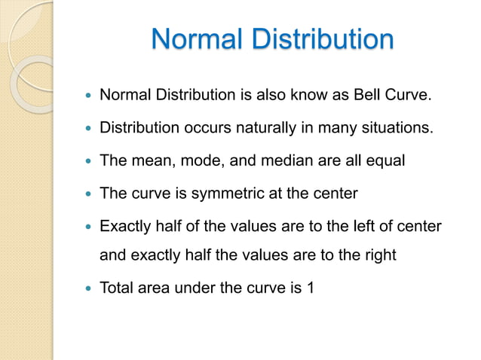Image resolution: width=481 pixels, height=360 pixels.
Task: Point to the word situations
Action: (x=397, y=128)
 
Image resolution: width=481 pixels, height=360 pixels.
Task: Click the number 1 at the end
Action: (x=310, y=287)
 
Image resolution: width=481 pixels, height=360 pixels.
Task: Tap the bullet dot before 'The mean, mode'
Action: (x=87, y=161)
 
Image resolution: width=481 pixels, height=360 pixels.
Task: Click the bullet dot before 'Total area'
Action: (x=87, y=288)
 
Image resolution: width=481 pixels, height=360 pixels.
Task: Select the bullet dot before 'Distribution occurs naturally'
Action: (x=87, y=129)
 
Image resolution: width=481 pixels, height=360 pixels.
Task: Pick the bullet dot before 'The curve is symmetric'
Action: (x=87, y=194)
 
